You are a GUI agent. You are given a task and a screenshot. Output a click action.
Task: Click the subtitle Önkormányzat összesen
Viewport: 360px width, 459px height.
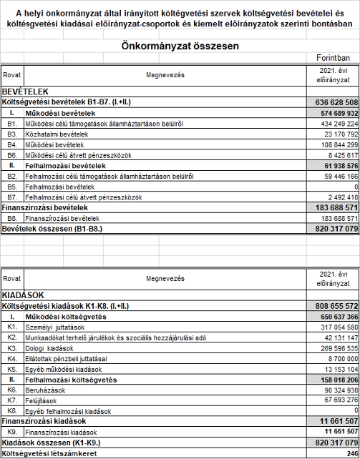click(x=180, y=46)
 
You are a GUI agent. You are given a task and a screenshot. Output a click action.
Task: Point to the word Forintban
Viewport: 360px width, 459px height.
click(x=334, y=58)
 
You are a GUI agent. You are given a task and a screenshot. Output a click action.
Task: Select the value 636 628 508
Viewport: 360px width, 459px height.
click(x=333, y=103)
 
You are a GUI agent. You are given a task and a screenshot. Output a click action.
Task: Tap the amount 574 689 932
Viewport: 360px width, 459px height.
click(x=334, y=113)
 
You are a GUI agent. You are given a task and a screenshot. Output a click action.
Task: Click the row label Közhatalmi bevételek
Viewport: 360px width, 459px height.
click(x=57, y=134)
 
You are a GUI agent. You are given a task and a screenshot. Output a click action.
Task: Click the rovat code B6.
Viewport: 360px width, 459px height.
click(x=11, y=154)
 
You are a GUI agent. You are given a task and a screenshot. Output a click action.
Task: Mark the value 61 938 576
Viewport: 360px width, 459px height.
click(x=336, y=165)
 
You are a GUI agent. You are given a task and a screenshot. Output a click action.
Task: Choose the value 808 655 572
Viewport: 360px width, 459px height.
click(x=333, y=306)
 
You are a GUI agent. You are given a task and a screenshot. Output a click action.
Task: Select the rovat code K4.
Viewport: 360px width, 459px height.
click(x=11, y=358)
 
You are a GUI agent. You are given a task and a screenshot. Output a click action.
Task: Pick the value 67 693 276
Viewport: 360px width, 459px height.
click(x=336, y=400)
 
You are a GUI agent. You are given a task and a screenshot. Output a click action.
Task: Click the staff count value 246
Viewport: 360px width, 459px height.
click(x=351, y=453)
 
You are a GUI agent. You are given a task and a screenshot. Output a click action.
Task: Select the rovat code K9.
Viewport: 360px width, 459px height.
click(x=11, y=432)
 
